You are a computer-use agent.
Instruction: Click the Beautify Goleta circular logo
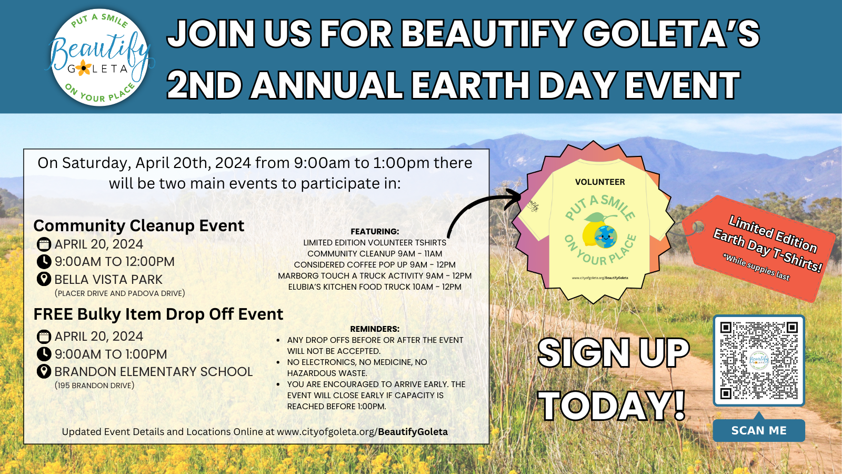99,57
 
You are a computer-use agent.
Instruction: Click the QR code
759,360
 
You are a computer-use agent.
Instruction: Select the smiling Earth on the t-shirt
605,236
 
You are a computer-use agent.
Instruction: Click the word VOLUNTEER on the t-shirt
600,182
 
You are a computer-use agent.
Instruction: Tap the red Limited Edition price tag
759,248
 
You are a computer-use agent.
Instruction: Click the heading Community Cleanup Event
139,226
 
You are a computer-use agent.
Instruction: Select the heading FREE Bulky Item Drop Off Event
158,314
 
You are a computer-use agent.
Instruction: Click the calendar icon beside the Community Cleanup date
44,244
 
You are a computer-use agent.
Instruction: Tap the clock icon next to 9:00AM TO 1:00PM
44,354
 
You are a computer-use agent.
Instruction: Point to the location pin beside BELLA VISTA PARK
44,280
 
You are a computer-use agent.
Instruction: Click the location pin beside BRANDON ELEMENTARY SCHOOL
44,372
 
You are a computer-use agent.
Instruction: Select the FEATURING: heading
375,231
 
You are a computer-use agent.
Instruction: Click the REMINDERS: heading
375,329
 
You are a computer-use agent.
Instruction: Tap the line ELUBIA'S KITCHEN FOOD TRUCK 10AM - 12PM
375,287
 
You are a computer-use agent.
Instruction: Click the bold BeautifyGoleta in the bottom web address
413,432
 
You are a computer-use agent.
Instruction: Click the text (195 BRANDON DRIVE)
94,386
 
